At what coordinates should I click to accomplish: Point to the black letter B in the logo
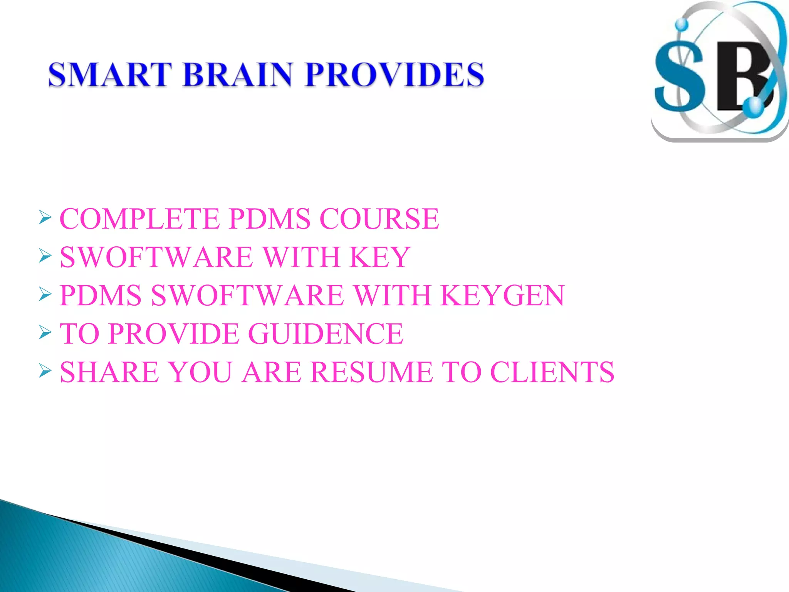click(x=742, y=77)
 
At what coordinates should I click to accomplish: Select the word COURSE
click(x=379, y=219)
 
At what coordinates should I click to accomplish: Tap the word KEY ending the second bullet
click(x=380, y=257)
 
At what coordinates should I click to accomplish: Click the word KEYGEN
click(x=502, y=296)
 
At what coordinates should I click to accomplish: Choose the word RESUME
click(x=371, y=372)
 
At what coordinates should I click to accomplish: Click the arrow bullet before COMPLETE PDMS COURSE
click(x=45, y=218)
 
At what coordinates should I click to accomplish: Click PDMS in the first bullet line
click(x=269, y=219)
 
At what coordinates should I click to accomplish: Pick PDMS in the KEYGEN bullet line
click(x=101, y=296)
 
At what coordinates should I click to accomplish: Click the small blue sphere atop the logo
click(x=682, y=24)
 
